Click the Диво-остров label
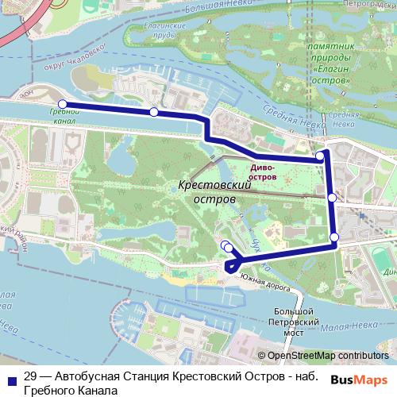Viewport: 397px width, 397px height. (x=262, y=172)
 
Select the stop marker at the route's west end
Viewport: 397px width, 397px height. (x=62, y=103)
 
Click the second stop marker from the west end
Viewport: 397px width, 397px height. (x=153, y=112)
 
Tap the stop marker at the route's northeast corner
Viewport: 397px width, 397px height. (x=320, y=156)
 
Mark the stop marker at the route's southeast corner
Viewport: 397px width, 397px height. (x=334, y=237)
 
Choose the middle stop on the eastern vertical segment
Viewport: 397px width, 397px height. (x=331, y=197)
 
